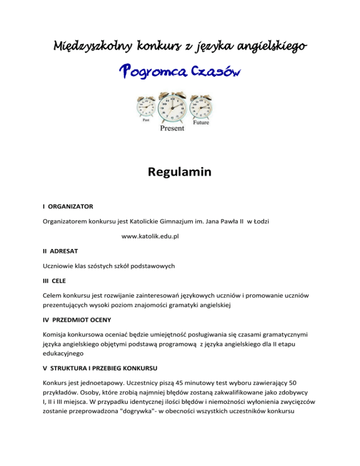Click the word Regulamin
pos(180,173)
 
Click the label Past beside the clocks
pos(146,119)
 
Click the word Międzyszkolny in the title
pos(92,47)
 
